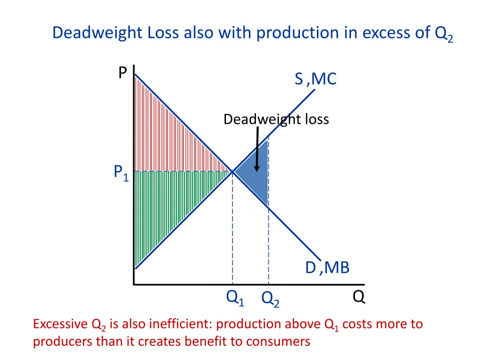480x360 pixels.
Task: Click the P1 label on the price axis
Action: (x=121, y=173)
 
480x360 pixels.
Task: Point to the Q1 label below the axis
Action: (x=235, y=297)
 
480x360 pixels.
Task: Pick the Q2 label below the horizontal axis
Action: (x=270, y=299)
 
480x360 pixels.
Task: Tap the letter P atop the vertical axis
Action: (x=122, y=73)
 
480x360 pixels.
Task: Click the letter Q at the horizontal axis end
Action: (x=359, y=297)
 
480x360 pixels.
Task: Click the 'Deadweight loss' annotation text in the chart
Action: (x=276, y=120)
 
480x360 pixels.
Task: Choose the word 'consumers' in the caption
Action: (x=284, y=341)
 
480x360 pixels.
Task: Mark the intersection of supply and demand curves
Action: (x=232, y=172)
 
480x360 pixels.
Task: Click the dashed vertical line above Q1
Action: (x=232, y=225)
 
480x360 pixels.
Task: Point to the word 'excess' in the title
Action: (x=393, y=33)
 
